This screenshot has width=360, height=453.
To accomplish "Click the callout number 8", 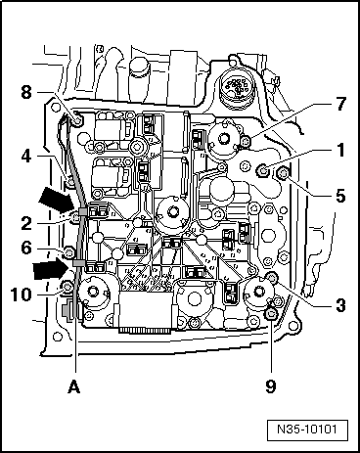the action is pyautogui.click(x=26, y=92).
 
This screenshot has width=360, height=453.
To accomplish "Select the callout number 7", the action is pyautogui.click(x=340, y=104).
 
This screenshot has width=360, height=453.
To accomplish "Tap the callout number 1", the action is pyautogui.click(x=340, y=150).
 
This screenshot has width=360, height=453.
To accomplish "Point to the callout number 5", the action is pyautogui.click(x=340, y=196).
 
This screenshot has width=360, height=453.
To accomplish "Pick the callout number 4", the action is pyautogui.click(x=26, y=157).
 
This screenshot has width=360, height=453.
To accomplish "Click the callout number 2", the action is pyautogui.click(x=26, y=223).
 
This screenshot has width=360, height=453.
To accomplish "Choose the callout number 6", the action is pyautogui.click(x=26, y=248).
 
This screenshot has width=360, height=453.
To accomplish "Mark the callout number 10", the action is pyautogui.click(x=22, y=294).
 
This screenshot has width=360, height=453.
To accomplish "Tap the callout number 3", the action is pyautogui.click(x=340, y=305).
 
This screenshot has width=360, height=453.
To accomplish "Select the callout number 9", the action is pyautogui.click(x=271, y=386).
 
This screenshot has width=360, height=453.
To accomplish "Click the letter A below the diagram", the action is pyautogui.click(x=74, y=387).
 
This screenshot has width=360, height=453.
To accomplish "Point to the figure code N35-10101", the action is pyautogui.click(x=307, y=429).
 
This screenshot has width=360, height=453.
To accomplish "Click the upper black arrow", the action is pyautogui.click(x=56, y=200).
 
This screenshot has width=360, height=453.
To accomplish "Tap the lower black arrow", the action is pyautogui.click(x=52, y=268).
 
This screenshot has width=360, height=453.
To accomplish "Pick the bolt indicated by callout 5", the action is pyautogui.click(x=282, y=173).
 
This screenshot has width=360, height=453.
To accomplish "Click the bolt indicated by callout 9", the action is pyautogui.click(x=271, y=315).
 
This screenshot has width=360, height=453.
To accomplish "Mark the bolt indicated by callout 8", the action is pyautogui.click(x=77, y=121).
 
